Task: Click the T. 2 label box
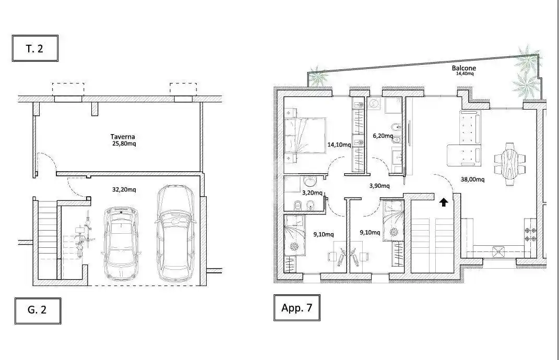pos(35,49)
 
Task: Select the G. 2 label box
pos(38,311)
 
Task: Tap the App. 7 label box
pos(296,308)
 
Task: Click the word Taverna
pos(123,137)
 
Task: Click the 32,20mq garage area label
pos(124,189)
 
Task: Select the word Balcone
pos(464,68)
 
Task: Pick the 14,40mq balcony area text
pos(465,74)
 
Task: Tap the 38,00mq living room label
pos(472,179)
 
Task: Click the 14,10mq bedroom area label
pos(339,145)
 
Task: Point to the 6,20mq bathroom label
pos(383,136)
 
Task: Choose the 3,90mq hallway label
pos(379,186)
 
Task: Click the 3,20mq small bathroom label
pos(312,193)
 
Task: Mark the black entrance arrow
pos(443,202)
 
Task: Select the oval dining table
pos(510,164)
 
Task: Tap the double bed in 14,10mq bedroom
pos(305,136)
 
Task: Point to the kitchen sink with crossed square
pos(498,252)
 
